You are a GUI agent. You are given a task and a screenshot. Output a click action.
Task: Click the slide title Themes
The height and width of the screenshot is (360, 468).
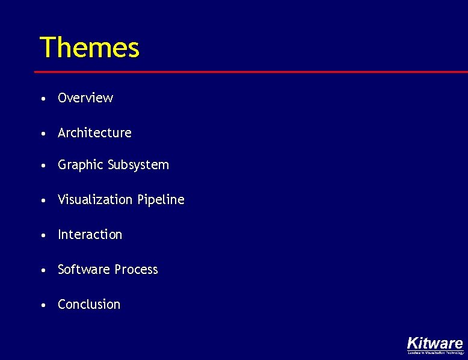pos(89,48)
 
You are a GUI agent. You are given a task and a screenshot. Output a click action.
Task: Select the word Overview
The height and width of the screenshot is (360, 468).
pos(85,98)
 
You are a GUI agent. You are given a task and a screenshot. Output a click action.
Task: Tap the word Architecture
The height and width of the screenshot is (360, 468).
pos(94,132)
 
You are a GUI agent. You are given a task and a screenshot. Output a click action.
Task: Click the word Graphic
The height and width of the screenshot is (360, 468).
pos(80,165)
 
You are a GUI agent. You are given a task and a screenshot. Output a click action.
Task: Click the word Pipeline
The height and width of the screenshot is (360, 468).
pos(161,200)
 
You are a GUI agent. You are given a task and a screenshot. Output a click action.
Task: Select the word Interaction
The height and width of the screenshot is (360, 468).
pos(90,235)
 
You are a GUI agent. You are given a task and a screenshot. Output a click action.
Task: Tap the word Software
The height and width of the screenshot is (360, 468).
pos(81,270)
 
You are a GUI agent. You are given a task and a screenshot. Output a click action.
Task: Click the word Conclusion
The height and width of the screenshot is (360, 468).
pos(89,305)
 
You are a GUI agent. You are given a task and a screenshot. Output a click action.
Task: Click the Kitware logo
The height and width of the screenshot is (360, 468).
pos(435,343)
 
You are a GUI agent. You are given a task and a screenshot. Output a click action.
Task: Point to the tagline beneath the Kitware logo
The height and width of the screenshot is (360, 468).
pos(436,353)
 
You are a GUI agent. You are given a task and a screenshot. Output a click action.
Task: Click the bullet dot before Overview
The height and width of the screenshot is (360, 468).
pos(45,99)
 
